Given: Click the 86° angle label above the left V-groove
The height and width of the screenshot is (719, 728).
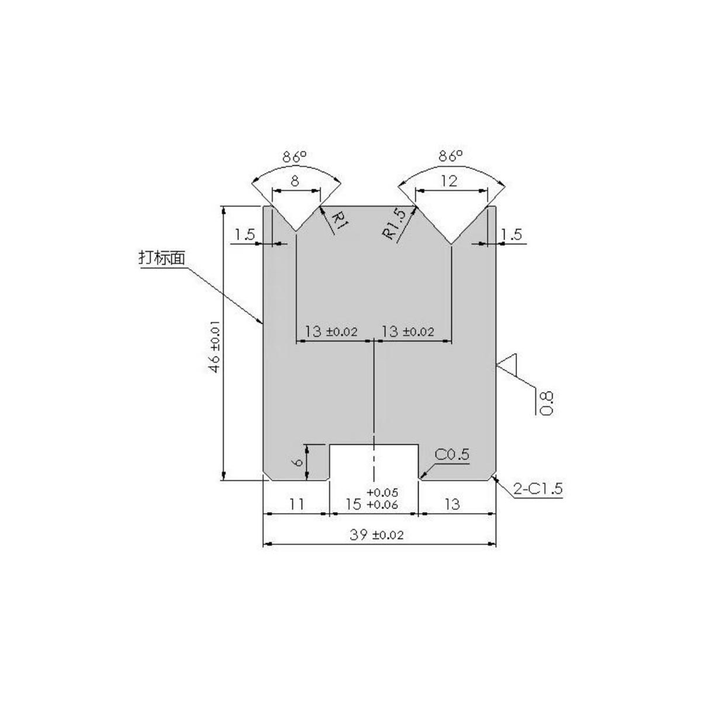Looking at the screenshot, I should tap(294, 157).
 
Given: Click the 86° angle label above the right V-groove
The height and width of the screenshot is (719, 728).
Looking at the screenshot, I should tap(450, 156).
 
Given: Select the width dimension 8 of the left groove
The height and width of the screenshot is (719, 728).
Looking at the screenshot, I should tap(295, 181).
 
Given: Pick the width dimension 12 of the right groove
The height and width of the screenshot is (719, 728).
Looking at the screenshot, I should tap(449, 181).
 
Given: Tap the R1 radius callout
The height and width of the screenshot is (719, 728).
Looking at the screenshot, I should tap(339, 222).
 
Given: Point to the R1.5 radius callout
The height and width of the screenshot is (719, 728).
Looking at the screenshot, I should tap(395, 225).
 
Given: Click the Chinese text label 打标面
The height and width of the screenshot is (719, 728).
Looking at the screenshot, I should tap(162, 257).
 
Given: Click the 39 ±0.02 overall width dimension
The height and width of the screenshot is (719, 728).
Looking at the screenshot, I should tap(377, 535).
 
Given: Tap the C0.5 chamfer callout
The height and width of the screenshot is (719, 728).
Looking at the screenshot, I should tap(452, 454).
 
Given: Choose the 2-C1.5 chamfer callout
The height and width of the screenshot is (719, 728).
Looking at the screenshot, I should tap(538, 489).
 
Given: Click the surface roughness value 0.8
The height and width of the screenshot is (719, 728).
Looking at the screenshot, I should tap(547, 403).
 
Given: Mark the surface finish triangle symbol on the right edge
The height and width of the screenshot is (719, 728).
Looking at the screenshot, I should tap(508, 365).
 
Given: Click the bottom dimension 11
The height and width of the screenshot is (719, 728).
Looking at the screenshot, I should tap(296, 504).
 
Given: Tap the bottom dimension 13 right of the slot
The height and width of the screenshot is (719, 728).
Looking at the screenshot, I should tap(452, 504).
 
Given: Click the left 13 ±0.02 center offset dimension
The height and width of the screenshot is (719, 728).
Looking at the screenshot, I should tap(331, 331).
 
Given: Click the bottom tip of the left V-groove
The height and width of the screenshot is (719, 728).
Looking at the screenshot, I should tap(296, 231).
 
